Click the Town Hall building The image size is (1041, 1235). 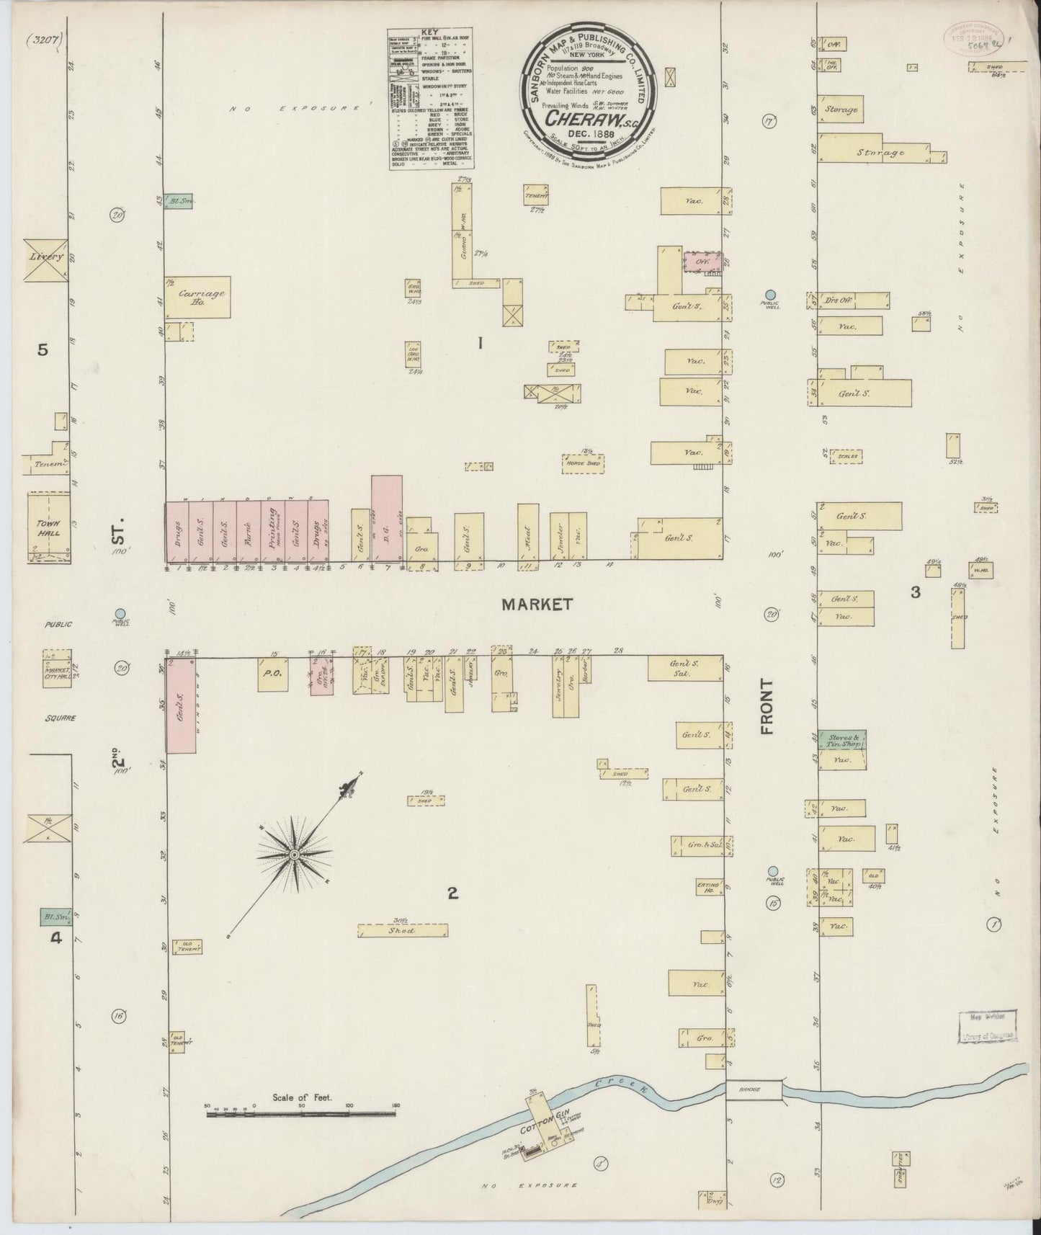point(48,527)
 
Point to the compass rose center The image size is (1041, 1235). point(295,854)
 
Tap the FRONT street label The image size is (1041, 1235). point(767,706)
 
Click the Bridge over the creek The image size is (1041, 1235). point(754,1090)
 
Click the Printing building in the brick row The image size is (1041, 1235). point(273,531)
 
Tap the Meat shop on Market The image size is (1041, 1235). point(527,533)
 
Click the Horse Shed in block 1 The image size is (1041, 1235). point(584,464)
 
